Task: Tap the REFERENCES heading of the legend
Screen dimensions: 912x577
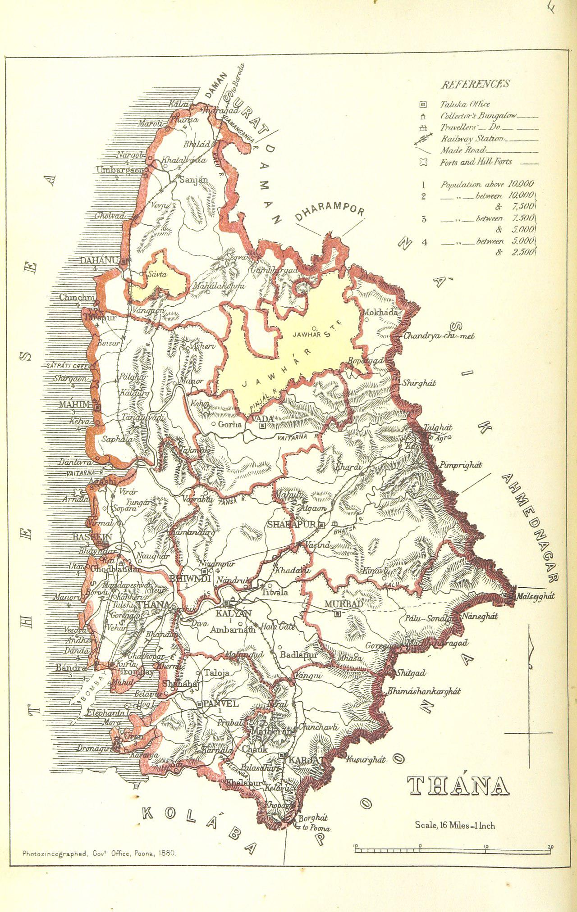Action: tap(475, 84)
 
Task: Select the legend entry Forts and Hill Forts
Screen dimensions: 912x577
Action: tap(476, 162)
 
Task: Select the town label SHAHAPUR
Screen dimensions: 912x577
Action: tap(292, 525)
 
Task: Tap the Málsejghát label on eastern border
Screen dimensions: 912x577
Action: tap(535, 596)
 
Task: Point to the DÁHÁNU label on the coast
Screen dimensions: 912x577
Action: tap(99, 260)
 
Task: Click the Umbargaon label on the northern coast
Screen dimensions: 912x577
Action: tap(121, 170)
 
